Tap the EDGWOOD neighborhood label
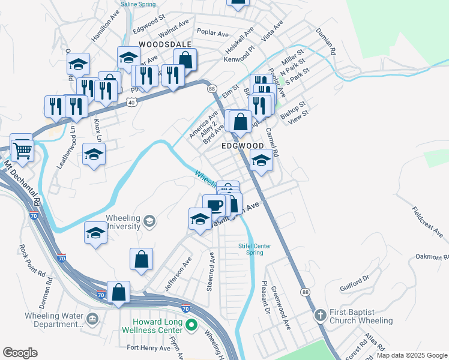[x=243, y=146]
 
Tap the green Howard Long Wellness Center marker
[x=191, y=326]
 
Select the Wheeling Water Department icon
[x=92, y=317]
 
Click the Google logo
[x=20, y=353]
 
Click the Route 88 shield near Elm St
[x=212, y=89]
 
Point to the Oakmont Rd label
[x=432, y=257]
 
